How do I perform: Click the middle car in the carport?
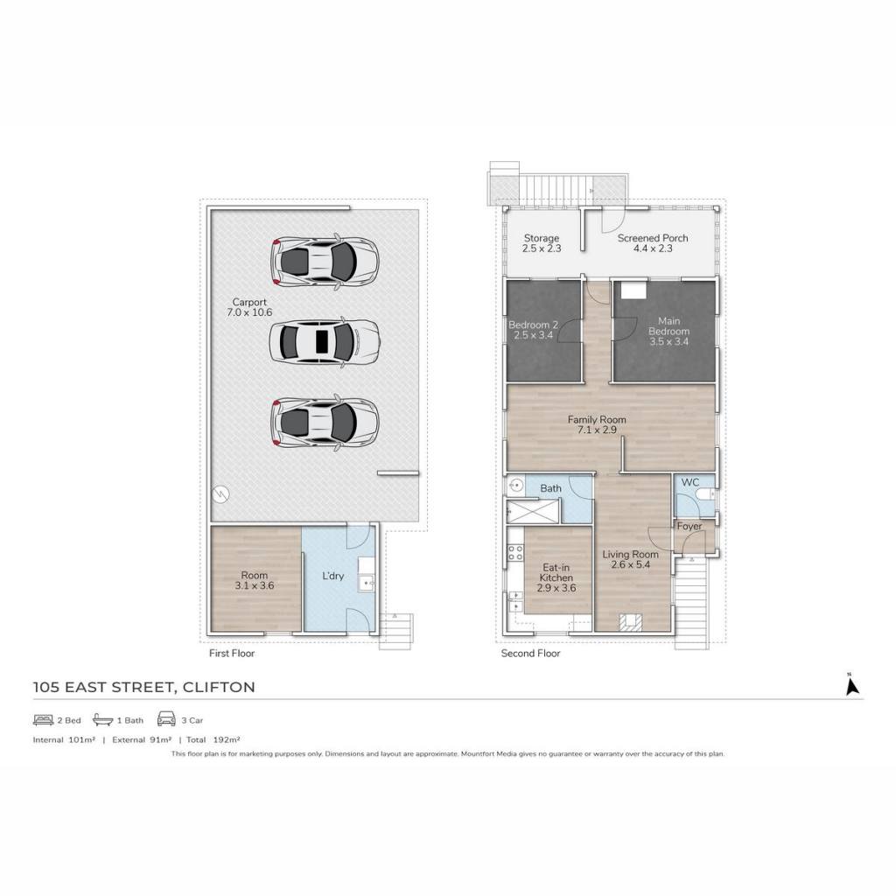tap(325, 342)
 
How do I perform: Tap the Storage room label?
tap(541, 238)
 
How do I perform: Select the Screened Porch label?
tap(653, 238)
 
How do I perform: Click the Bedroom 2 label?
tap(533, 325)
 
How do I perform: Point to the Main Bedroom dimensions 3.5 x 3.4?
tap(668, 342)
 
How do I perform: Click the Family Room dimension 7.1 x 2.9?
tap(597, 430)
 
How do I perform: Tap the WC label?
tap(689, 482)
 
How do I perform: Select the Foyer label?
tap(689, 526)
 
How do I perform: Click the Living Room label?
tap(630, 554)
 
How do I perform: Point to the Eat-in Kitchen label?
tap(556, 572)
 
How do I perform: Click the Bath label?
tap(550, 488)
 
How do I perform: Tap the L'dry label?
tap(332, 576)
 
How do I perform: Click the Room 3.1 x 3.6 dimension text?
tap(255, 585)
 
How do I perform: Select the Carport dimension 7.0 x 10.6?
tap(249, 312)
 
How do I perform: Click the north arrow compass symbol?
tap(852, 683)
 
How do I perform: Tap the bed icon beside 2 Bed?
tap(43, 720)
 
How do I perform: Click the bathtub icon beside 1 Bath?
tap(103, 719)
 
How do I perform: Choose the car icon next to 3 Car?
tap(166, 719)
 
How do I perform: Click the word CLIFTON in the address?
tap(218, 687)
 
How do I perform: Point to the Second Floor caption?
tap(530, 653)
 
